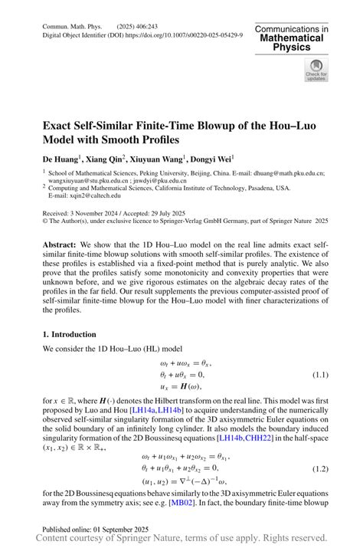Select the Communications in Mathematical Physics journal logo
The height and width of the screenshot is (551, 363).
tap(292, 38)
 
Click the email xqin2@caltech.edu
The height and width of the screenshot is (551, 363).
tap(84, 195)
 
